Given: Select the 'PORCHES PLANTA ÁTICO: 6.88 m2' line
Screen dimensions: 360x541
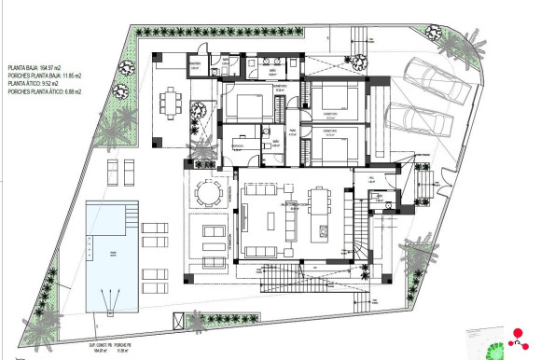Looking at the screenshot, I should tap(45, 92).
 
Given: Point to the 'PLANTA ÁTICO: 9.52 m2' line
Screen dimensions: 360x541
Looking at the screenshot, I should tap(36, 84).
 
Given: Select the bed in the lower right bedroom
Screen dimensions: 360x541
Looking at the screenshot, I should tap(329, 145).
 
